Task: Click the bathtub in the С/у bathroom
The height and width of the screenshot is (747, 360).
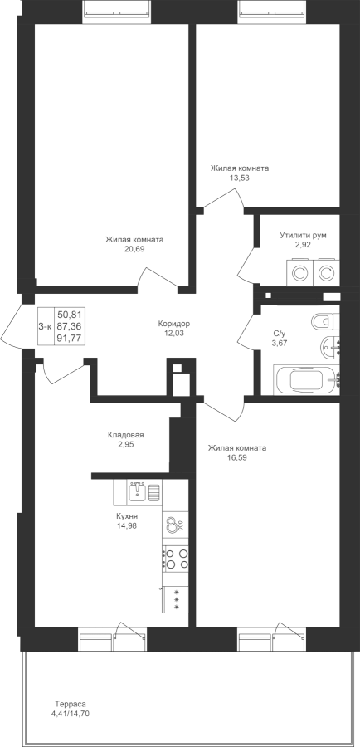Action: pos(307,380)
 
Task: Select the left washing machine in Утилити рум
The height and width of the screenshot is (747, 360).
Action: pos(299,273)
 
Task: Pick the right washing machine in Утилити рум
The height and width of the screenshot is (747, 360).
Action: pos(326,273)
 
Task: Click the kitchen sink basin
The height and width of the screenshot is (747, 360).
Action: pos(139,491)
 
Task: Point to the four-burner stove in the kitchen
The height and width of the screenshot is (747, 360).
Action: pos(175,559)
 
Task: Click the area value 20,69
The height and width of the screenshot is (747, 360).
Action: pos(134,248)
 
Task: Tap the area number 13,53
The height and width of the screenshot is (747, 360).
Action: pos(240,178)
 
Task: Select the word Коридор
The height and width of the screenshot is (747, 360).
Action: pos(174,324)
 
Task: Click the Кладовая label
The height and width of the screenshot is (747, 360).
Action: pos(126,435)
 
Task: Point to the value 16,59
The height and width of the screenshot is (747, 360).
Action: pos(237,457)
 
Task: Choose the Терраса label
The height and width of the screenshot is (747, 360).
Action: pos(70,704)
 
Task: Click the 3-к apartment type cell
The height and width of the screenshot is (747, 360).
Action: pos(45,326)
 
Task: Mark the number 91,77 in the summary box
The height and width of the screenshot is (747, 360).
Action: pos(69,339)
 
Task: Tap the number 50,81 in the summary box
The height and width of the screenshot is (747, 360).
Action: pos(69,314)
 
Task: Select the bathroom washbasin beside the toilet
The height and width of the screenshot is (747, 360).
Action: pos(330,347)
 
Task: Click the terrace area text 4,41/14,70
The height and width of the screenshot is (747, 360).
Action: pos(70,713)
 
